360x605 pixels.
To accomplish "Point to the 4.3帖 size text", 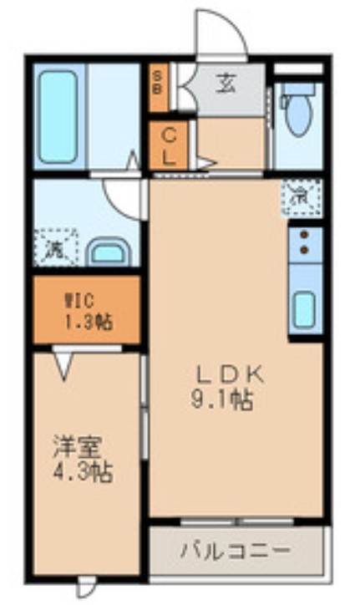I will point(81,472).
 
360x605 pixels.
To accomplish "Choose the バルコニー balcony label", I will point(235,551).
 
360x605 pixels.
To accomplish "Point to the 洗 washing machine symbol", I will point(55,248).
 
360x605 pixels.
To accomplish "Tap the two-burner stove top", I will point(304,241).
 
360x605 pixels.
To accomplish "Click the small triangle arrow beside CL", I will point(205,163).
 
